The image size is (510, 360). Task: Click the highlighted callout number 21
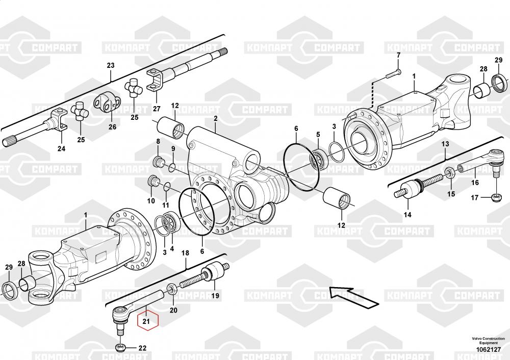pyautogui.click(x=146, y=321)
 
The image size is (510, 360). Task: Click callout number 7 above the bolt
pyautogui.click(x=398, y=55)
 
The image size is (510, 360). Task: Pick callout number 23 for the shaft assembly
pyautogui.click(x=111, y=65)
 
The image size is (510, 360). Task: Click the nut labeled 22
pyautogui.click(x=120, y=348)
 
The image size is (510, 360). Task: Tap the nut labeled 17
pyautogui.click(x=494, y=197)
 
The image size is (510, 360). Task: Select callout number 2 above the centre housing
pyautogui.click(x=215, y=118)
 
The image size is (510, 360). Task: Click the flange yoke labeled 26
pyautogui.click(x=107, y=104)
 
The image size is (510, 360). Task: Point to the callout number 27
pyautogui.click(x=157, y=109)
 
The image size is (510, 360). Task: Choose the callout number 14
pyautogui.click(x=407, y=215)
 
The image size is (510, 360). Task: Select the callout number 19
pyautogui.click(x=215, y=296)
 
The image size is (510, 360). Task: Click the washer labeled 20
pyautogui.click(x=172, y=289)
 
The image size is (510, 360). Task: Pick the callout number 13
pyautogui.click(x=445, y=144)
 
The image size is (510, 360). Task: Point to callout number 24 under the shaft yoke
pyautogui.click(x=61, y=149)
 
